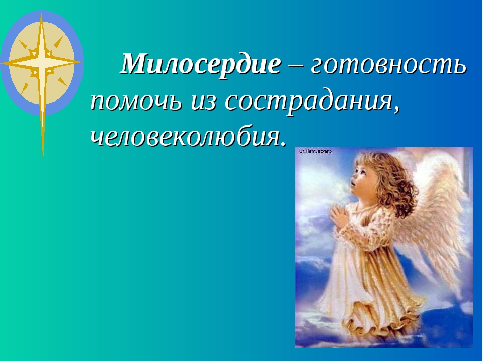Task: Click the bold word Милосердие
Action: tap(201, 64)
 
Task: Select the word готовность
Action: tap(388, 65)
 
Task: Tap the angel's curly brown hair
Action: tap(394, 185)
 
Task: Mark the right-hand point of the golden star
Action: tap(80, 62)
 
